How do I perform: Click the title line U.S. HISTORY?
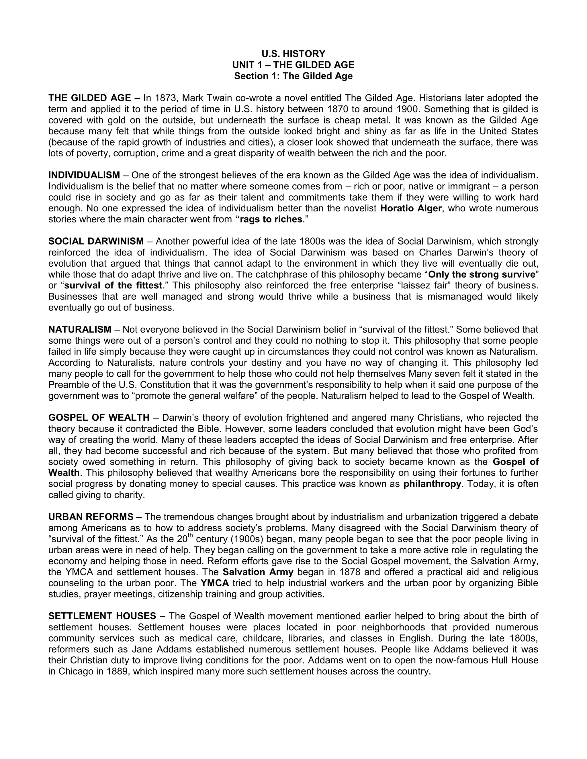pyautogui.click(x=293, y=54)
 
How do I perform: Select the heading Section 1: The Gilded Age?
pyautogui.click(x=293, y=76)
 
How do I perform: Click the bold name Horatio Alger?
pyautogui.click(x=411, y=209)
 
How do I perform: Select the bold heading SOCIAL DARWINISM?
pyautogui.click(x=96, y=241)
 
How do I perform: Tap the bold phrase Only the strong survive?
pyautogui.click(x=481, y=275)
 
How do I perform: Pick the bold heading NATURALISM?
pyautogui.click(x=80, y=329)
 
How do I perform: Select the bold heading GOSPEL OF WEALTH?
pyautogui.click(x=99, y=418)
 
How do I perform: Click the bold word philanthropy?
pyautogui.click(x=432, y=484)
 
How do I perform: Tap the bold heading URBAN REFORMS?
pyautogui.click(x=91, y=517)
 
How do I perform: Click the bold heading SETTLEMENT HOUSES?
pyautogui.click(x=102, y=616)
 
